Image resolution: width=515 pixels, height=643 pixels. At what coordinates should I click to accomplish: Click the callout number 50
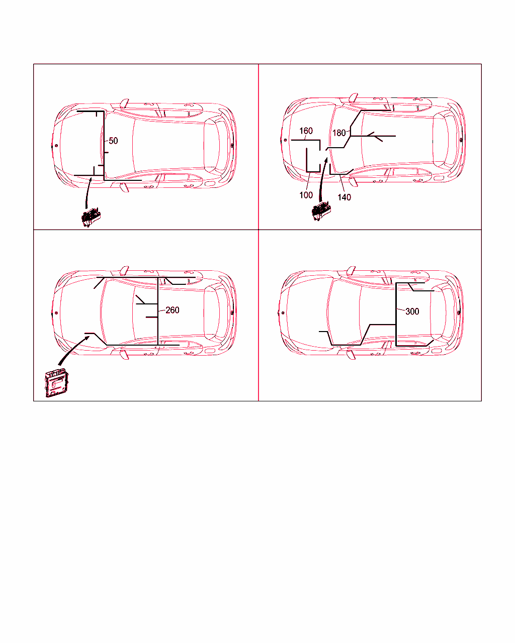click(113, 141)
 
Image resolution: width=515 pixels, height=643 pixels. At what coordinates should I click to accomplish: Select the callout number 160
click(306, 131)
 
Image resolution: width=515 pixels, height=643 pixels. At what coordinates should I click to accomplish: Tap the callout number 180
click(339, 133)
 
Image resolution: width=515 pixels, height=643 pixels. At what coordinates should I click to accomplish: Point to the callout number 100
click(306, 195)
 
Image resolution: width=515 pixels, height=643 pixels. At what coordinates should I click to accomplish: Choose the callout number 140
click(344, 197)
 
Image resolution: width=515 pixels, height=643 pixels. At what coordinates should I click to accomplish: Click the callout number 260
click(173, 310)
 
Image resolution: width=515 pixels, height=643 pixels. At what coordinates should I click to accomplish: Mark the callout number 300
click(412, 311)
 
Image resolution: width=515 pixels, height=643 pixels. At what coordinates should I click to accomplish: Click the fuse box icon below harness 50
click(91, 218)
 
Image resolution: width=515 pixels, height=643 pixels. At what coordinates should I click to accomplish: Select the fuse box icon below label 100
click(321, 211)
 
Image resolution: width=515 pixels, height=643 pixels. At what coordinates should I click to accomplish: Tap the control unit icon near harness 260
click(56, 382)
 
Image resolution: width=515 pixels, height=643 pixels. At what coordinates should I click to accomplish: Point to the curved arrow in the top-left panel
click(87, 192)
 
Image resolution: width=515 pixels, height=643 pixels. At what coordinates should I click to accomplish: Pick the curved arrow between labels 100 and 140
click(322, 179)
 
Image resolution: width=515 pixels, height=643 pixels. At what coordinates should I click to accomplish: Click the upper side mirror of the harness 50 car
click(124, 103)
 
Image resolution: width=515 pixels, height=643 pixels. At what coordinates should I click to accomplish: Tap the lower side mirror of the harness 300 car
click(351, 355)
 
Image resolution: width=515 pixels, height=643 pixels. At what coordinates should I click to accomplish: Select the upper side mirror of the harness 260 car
click(124, 270)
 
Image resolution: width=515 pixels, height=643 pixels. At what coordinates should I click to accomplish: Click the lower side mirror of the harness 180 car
click(353, 182)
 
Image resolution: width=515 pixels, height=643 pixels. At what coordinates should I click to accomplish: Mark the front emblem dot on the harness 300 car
click(283, 313)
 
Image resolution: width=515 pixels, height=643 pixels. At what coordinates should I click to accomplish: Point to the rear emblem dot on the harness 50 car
click(232, 146)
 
